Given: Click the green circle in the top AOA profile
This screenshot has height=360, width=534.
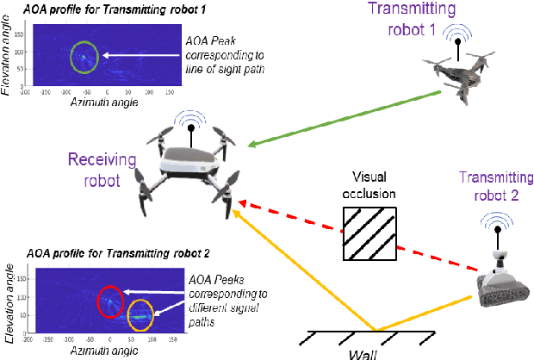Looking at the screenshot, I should coord(85,57).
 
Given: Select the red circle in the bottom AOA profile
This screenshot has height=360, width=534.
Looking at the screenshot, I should coord(110,301).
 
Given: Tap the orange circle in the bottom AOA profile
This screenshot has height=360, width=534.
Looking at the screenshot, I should coord(140,316).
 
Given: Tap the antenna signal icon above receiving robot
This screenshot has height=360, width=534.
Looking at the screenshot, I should coord(188,122).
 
